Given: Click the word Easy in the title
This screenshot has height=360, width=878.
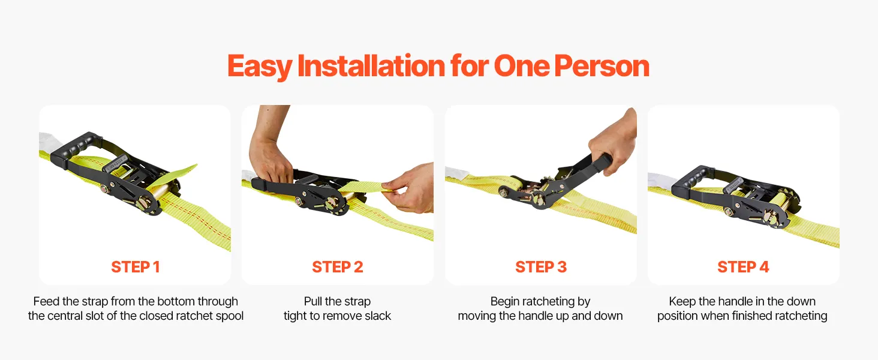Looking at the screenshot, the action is click(260, 67).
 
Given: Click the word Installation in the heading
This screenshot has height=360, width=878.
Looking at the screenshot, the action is click(371, 65).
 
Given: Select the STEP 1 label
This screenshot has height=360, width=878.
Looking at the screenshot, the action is click(135, 267).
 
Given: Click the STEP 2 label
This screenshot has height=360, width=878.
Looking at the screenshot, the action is click(338, 267).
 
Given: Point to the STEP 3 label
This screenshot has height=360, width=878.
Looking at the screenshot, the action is click(541, 267).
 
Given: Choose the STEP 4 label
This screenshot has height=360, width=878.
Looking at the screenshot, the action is click(743, 267).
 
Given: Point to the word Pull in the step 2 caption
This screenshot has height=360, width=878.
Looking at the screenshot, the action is click(313, 301).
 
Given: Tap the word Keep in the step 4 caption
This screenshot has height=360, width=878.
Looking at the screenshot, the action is click(682, 302).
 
